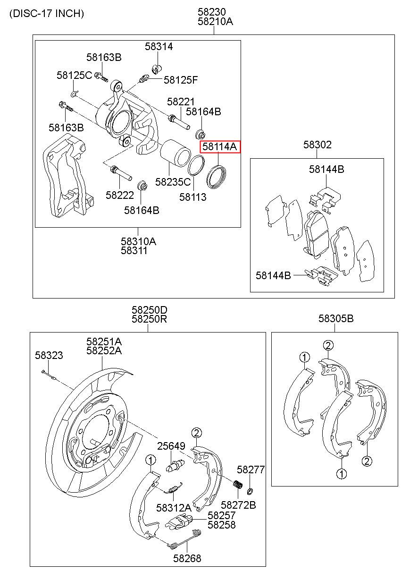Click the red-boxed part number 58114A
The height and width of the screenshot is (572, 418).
tap(219, 146)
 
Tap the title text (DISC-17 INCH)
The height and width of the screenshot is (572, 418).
tap(47, 13)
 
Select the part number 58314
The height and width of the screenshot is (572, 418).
tap(159, 46)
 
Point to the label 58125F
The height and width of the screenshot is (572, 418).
tap(181, 80)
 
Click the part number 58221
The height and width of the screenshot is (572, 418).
tap(181, 102)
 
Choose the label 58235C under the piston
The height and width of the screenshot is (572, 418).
tap(173, 182)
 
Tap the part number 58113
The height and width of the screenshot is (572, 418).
tap(193, 197)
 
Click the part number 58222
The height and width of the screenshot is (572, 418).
tap(120, 195)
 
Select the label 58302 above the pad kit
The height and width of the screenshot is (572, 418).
tap(318, 145)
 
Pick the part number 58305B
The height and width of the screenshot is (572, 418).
tap(336, 318)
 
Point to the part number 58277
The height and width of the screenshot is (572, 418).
tap(251, 470)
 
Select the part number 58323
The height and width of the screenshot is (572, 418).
tap(49, 355)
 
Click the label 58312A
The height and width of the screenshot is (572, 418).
tap(174, 508)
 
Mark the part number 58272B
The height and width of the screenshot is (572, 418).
tap(238, 505)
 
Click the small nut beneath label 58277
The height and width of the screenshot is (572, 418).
tap(250, 491)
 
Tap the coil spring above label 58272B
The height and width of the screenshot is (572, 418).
tap(238, 484)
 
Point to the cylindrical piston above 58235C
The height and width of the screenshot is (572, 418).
tap(175, 153)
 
